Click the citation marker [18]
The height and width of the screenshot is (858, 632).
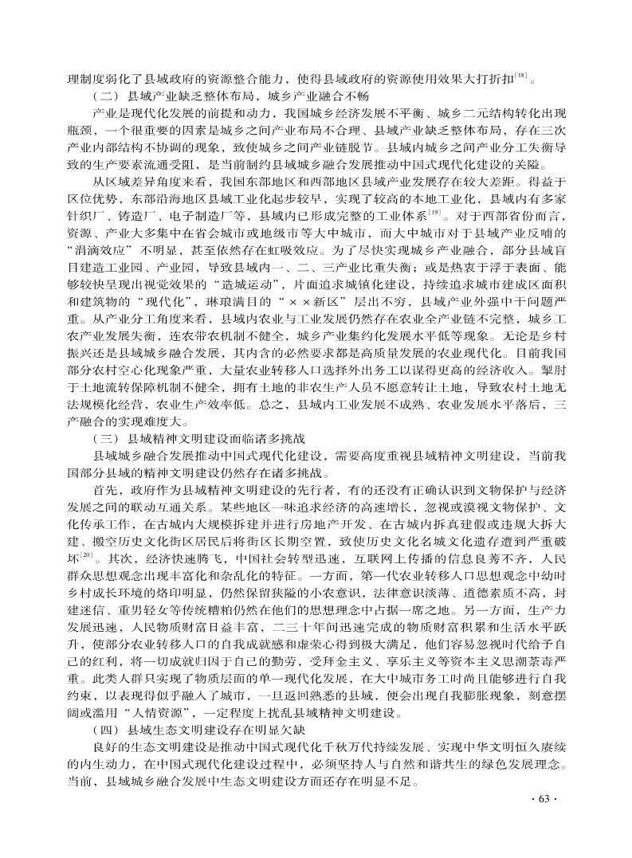(520, 74)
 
